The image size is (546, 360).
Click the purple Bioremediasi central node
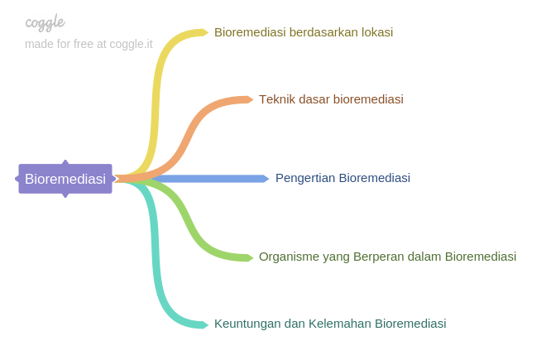pos(65,179)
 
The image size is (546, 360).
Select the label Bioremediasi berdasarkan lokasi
pos(303,32)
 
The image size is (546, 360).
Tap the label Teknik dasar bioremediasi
pos(331,99)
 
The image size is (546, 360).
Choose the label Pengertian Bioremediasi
pos(342,178)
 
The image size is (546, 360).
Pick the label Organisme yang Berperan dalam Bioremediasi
pos(387,257)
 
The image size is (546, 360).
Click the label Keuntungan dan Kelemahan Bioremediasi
pos(330,324)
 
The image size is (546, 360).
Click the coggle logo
pos(45,22)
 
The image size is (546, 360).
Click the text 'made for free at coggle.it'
pos(89,44)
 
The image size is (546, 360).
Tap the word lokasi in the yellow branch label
pos(376,32)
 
